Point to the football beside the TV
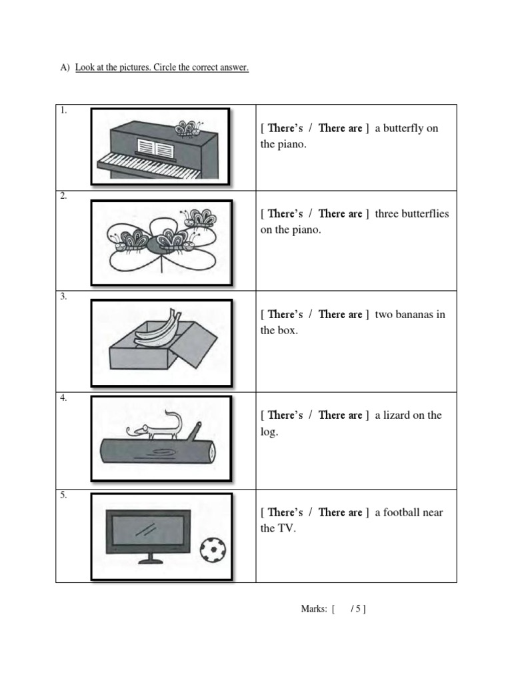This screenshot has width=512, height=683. [213, 549]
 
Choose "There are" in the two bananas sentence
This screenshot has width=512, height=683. [340, 314]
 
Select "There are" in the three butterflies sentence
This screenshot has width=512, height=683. [340, 213]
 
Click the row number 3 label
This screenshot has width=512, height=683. [63, 297]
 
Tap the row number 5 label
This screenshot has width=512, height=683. [63, 496]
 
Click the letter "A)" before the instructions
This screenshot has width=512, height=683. [65, 68]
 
